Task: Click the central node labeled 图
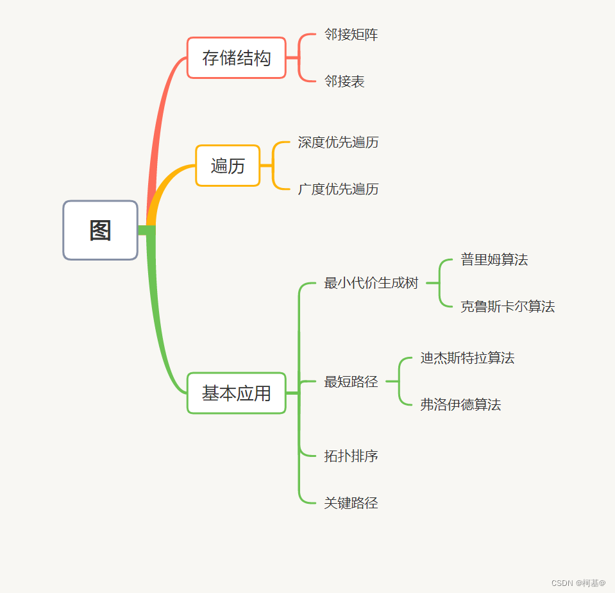tap(100, 230)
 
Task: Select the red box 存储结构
tap(236, 58)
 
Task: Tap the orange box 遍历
tap(228, 166)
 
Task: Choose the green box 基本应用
tap(236, 393)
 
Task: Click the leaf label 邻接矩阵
tap(351, 35)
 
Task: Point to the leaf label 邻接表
tap(344, 82)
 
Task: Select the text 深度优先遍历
tap(338, 142)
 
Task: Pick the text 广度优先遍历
tap(338, 189)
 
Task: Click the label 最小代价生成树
tap(371, 283)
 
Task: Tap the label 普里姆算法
tap(494, 260)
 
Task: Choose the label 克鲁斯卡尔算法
tap(507, 307)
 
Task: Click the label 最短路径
tap(351, 382)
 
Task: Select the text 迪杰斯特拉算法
tap(467, 358)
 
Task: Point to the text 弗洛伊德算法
tap(460, 405)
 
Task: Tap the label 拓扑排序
tap(351, 456)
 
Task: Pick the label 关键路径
tap(351, 503)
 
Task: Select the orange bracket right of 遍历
tap(274, 166)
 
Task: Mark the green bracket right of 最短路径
tap(400, 381)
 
